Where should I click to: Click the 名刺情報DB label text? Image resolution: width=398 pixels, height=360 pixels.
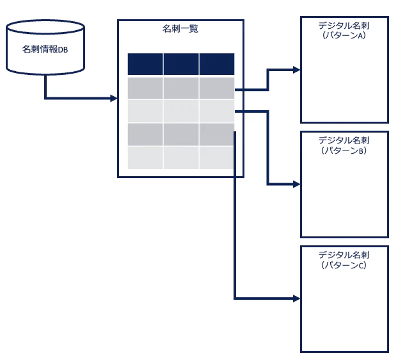[x=45, y=49]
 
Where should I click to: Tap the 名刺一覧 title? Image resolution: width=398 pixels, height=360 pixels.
[x=180, y=28]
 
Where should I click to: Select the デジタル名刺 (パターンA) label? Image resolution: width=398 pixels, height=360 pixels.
[x=344, y=30]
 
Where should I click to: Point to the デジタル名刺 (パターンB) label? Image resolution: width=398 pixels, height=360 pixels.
[x=344, y=145]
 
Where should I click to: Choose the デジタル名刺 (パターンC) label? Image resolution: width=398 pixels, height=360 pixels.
[x=344, y=259]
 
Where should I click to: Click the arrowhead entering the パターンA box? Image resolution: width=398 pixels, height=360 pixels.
[x=297, y=70]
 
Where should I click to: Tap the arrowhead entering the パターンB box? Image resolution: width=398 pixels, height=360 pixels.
[x=297, y=184]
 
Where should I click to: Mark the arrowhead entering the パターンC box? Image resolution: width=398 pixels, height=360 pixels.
[x=297, y=299]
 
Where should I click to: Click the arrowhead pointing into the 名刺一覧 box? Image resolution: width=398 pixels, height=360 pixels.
[x=114, y=98]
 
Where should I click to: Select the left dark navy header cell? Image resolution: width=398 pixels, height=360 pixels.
[x=145, y=64]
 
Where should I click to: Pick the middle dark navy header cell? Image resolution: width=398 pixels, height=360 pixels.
[x=181, y=64]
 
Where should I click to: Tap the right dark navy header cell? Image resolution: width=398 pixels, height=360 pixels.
[x=217, y=64]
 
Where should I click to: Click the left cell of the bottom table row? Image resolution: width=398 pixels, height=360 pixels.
[x=145, y=158]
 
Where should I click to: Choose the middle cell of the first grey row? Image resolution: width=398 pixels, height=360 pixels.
[x=181, y=88]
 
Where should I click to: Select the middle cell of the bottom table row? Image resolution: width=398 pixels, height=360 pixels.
[x=181, y=158]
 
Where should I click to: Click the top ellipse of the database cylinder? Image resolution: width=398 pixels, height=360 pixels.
[x=45, y=27]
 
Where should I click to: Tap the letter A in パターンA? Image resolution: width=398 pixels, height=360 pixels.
[x=360, y=36]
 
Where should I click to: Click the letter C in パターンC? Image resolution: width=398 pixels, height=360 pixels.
[x=361, y=265]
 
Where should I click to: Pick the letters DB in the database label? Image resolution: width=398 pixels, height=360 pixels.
[x=63, y=50]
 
